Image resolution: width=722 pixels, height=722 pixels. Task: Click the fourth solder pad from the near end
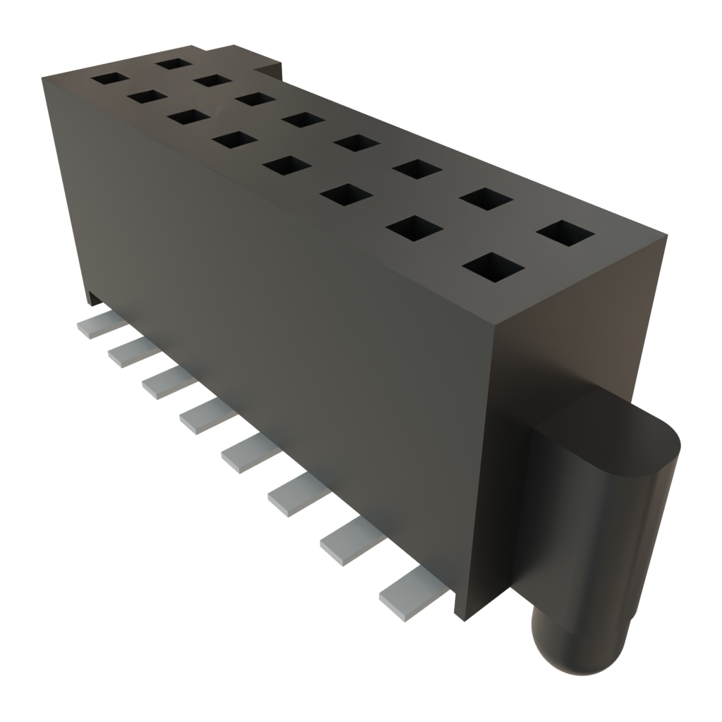(x=250, y=452)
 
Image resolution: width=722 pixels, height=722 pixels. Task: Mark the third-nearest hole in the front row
(x=349, y=197)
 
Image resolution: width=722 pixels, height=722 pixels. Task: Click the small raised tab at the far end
(x=271, y=67)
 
